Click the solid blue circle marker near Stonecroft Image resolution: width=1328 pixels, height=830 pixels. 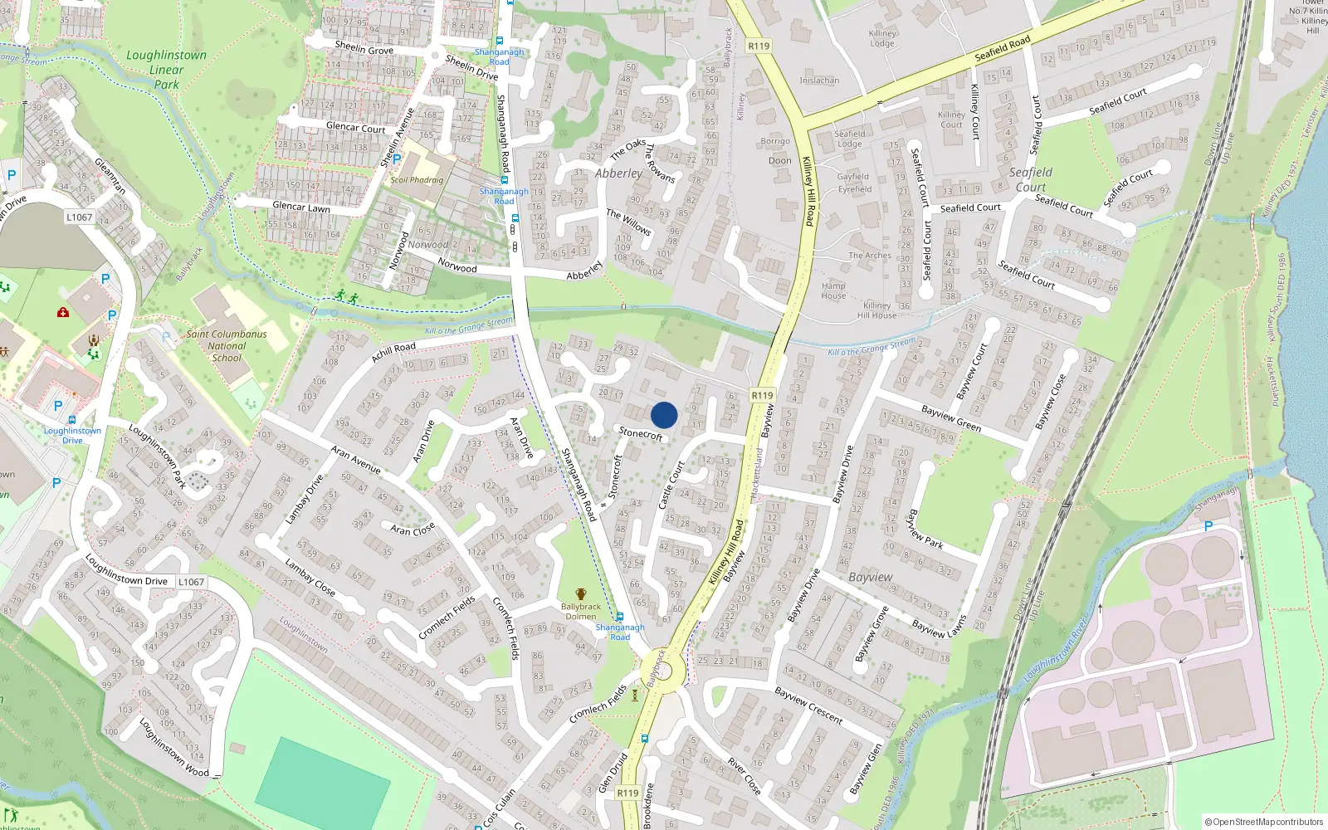point(664,415)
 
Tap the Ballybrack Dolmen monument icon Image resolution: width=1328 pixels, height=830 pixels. point(581,594)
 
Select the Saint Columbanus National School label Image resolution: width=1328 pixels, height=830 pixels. point(227,346)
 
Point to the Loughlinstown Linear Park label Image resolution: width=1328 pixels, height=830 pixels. point(166,69)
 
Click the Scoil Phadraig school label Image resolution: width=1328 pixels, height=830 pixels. point(417,180)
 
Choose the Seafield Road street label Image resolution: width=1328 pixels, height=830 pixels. point(1002,48)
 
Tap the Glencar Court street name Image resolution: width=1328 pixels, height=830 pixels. point(355,128)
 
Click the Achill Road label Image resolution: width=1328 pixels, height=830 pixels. point(393,352)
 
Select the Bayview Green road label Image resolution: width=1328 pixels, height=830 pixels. point(951,418)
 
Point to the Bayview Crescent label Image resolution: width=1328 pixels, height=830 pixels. point(808,705)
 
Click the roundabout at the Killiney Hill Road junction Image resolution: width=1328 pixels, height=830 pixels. point(662,669)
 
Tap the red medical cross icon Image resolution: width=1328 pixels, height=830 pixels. point(62,312)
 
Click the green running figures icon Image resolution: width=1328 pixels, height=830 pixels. point(347,296)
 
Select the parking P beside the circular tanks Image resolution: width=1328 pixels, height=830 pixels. point(1208,526)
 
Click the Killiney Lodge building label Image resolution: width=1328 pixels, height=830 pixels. point(882,38)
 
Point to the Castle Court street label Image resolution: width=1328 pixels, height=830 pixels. point(671,486)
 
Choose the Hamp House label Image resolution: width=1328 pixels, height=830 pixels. point(833,290)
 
